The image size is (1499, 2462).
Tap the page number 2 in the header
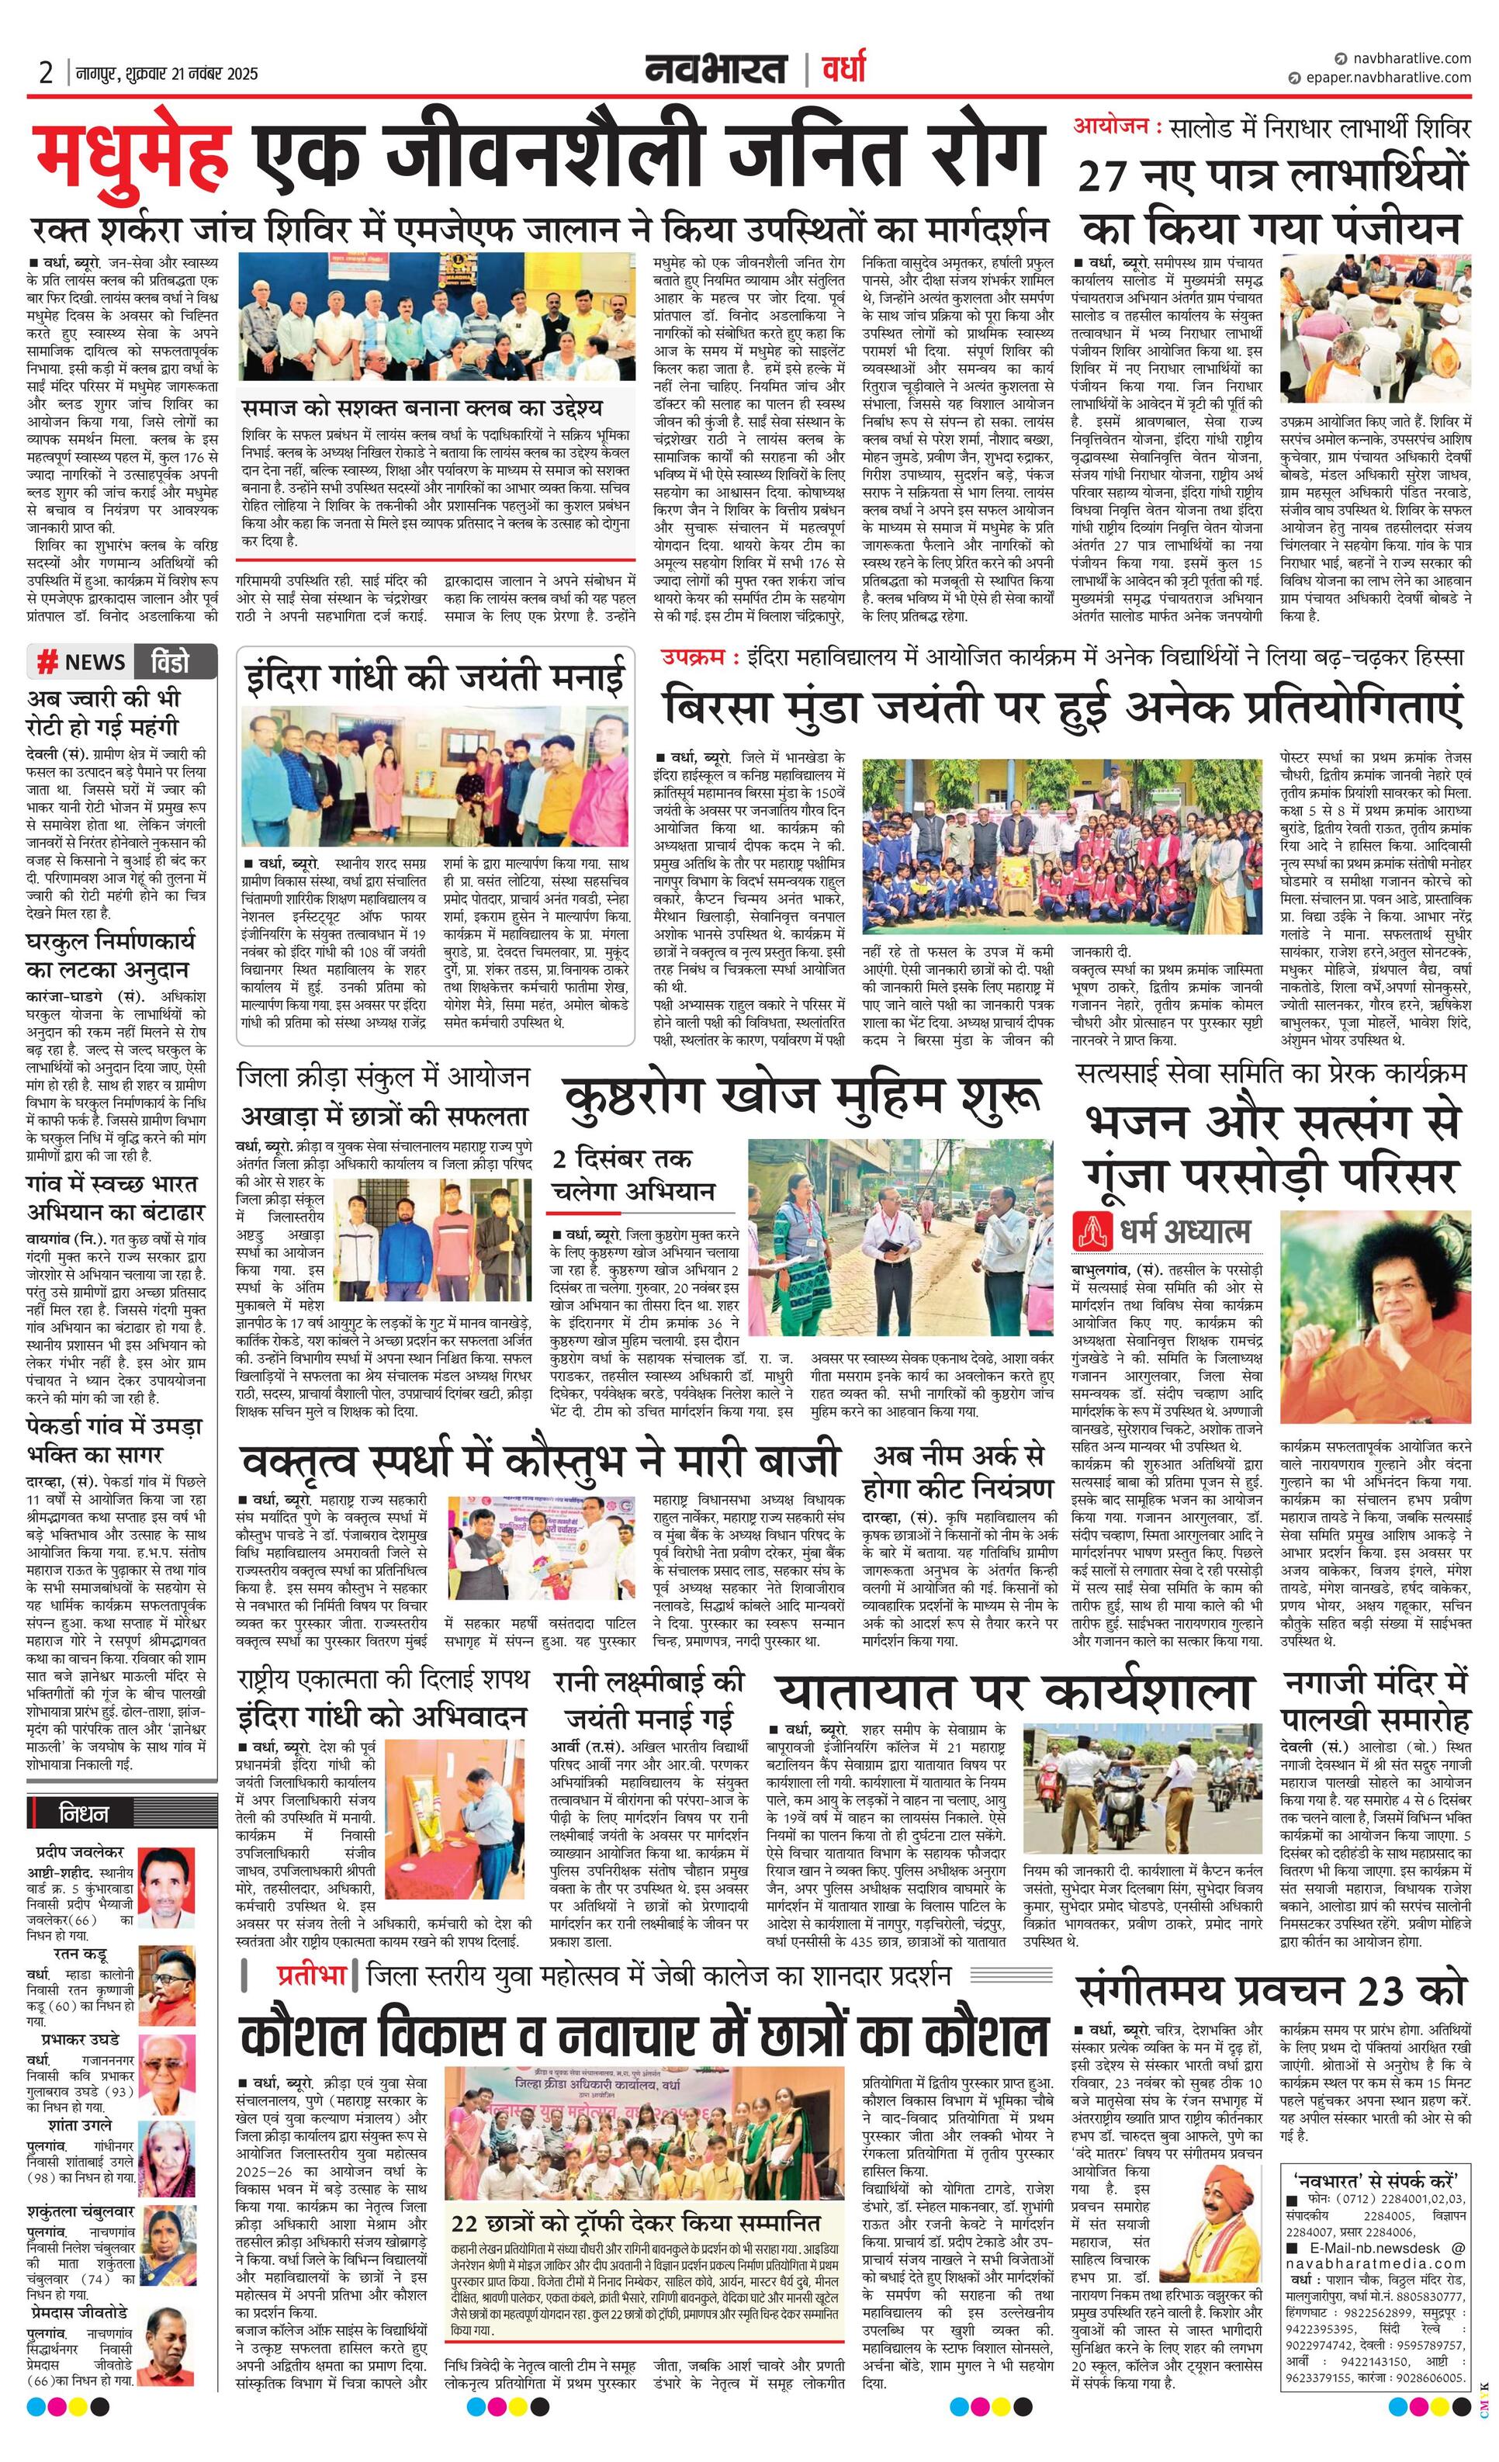point(46,73)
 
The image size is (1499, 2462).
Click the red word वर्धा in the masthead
point(843,70)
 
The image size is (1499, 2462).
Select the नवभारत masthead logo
point(715,71)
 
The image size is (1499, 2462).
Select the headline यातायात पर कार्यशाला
point(1014,1692)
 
